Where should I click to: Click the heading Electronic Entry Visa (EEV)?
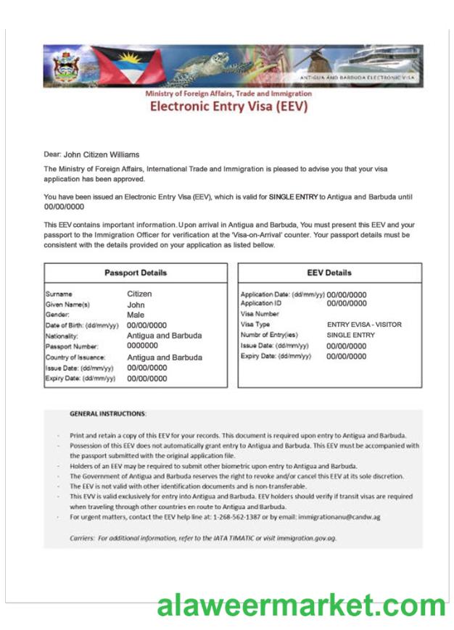tap(228, 107)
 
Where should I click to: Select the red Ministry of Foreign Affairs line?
tap(228, 94)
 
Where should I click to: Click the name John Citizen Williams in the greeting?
tap(102, 154)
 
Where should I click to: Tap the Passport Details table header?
tap(136, 273)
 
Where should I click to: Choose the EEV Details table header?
tap(329, 273)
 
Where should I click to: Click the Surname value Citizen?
tap(139, 294)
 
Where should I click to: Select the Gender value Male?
tap(136, 315)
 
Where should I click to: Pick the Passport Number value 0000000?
tap(142, 347)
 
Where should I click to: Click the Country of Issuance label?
tap(75, 357)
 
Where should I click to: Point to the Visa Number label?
tap(259, 314)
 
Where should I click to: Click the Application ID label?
tap(260, 303)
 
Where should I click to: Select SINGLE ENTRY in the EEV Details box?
tap(351, 336)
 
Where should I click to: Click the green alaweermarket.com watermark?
tap(301, 605)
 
